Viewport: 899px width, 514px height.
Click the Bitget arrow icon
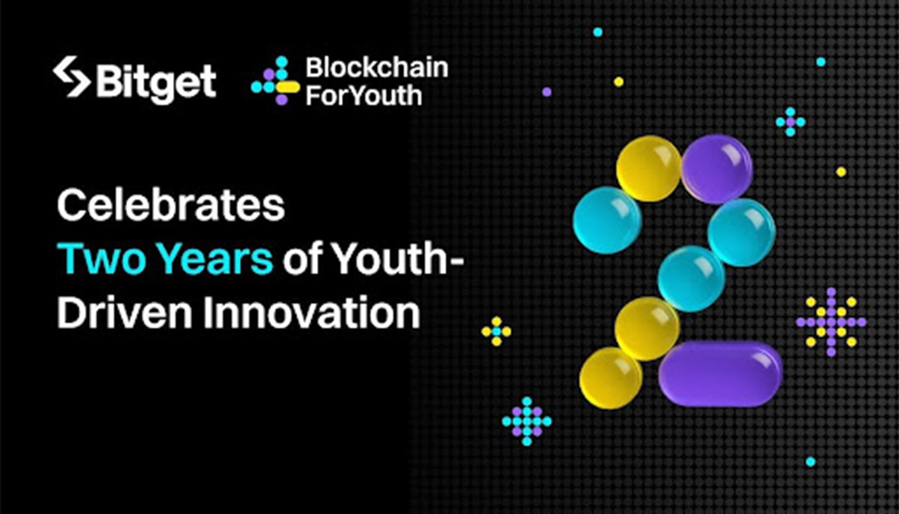coord(72,76)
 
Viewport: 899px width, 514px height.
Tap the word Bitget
coord(156,82)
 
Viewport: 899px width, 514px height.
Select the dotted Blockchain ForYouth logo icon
coord(275,81)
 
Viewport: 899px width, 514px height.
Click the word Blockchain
coord(377,68)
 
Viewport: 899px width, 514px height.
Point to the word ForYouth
coord(364,95)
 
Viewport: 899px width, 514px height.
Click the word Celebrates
coord(171,205)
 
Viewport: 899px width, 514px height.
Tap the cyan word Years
coord(216,259)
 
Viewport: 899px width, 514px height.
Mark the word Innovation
coord(312,312)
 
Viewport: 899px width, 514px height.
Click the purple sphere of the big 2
coord(716,169)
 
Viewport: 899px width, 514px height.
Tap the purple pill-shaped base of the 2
coord(720,373)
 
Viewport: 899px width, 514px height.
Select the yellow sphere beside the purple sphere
coord(649,169)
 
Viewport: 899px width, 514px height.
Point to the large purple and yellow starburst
coord(831,322)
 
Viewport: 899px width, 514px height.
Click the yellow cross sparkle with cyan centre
coord(496,331)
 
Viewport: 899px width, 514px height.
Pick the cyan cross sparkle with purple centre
coord(790,121)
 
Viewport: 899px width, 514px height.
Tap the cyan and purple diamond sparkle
coord(527,421)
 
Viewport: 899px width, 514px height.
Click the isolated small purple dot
coord(547,92)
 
